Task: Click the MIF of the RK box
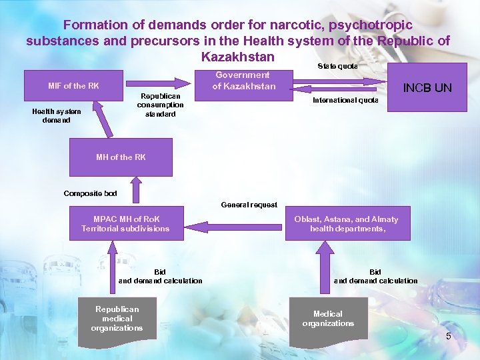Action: point(74,86)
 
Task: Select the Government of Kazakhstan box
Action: point(243,81)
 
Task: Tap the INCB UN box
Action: point(427,87)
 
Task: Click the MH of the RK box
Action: point(121,157)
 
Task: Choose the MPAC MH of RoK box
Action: point(126,224)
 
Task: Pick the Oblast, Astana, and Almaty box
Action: point(346,224)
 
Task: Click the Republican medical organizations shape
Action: point(117,321)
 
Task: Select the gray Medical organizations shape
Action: point(328,321)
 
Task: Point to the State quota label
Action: point(337,67)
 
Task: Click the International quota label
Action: point(345,101)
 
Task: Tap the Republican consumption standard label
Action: point(160,105)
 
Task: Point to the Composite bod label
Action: point(90,193)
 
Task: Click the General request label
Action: point(249,205)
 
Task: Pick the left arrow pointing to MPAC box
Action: point(233,225)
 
